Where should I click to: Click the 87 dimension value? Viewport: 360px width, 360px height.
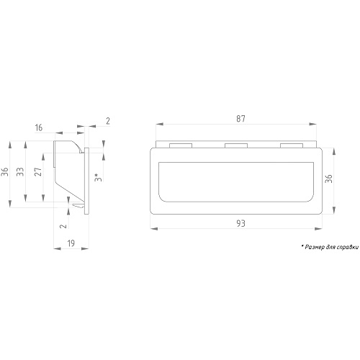point(240,119)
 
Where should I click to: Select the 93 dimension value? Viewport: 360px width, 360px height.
point(241,223)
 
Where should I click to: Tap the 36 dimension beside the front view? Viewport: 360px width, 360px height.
point(329,179)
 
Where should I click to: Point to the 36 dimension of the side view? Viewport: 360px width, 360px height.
point(5,172)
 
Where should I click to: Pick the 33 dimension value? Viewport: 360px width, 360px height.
point(20,172)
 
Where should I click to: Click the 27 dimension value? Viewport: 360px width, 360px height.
point(38,172)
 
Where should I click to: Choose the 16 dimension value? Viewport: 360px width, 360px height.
point(39,127)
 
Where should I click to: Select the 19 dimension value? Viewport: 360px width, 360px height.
point(71,243)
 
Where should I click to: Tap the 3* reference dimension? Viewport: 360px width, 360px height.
point(98,177)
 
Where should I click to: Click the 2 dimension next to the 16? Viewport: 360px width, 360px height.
point(108,121)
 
